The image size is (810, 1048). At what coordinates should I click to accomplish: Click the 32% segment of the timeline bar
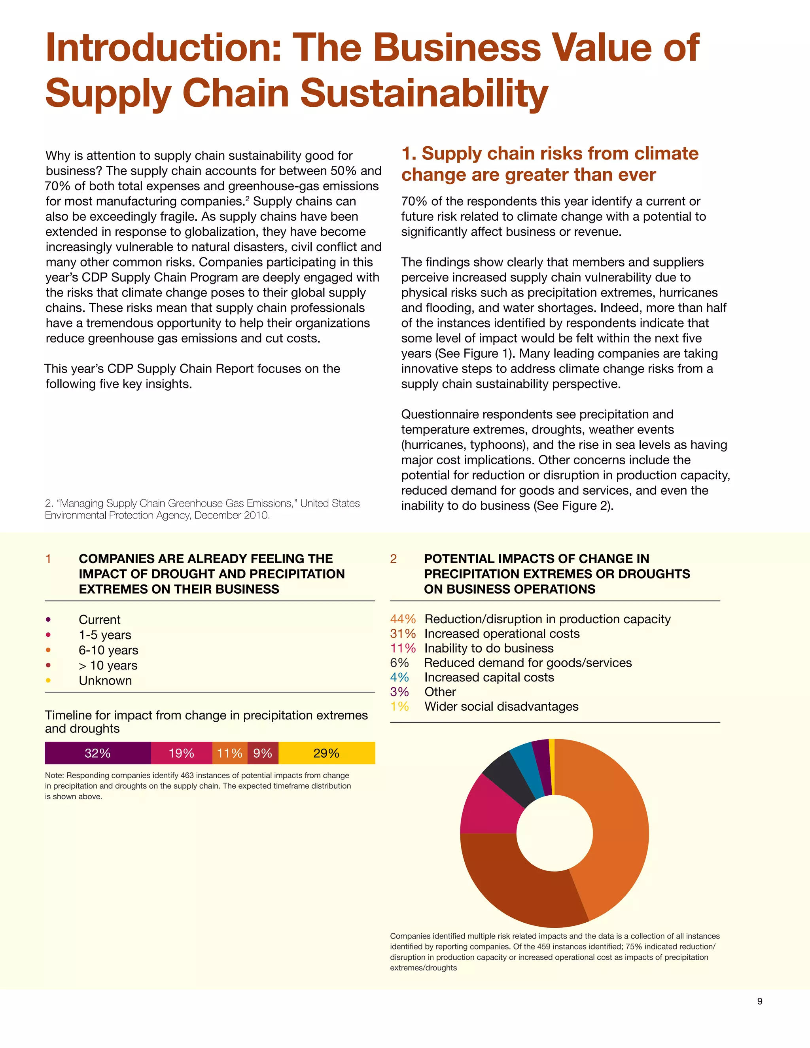point(98,753)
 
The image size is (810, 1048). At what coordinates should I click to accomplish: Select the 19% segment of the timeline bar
point(182,753)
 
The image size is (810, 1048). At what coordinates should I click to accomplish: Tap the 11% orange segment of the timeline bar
point(230,753)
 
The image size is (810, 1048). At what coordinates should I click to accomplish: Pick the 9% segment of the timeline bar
point(263,753)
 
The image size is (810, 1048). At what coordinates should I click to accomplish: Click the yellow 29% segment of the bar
point(326,753)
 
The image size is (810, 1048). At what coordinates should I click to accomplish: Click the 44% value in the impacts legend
point(403,619)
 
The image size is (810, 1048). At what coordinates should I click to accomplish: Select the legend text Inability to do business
point(488,648)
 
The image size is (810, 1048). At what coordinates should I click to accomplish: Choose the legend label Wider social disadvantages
point(501,706)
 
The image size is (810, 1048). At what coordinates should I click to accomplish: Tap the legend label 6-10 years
point(108,650)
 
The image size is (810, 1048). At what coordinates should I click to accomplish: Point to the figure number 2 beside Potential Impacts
point(394,558)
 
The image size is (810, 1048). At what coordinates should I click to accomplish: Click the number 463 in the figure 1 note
point(187,776)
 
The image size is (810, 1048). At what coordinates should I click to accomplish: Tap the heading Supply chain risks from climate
point(549,153)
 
